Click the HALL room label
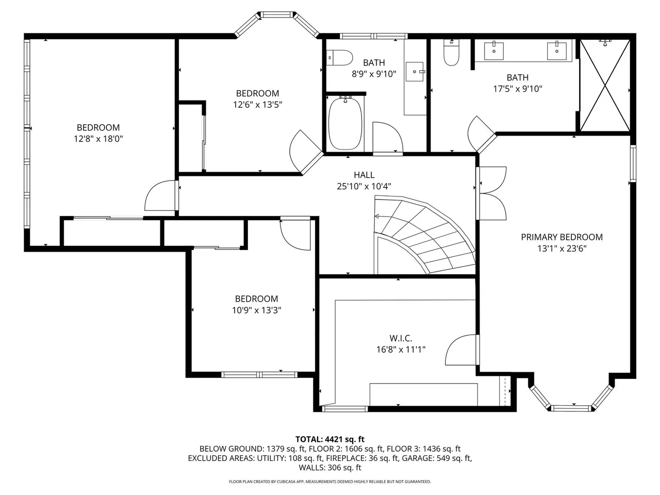(364, 175)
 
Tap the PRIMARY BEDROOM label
(562, 237)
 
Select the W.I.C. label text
(401, 338)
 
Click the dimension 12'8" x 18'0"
(98, 139)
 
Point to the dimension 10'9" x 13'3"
(256, 310)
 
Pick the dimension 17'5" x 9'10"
(518, 89)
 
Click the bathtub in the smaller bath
(345, 123)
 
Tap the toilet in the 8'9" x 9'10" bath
(339, 57)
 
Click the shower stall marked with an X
(605, 86)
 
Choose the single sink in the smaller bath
(415, 72)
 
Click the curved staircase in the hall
(424, 235)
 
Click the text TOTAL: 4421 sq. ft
(330, 439)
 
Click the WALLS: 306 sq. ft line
(330, 467)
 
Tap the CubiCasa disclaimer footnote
(330, 482)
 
